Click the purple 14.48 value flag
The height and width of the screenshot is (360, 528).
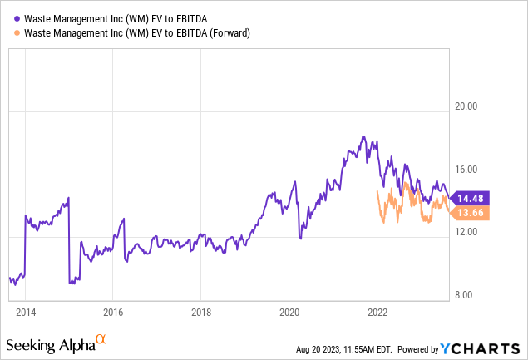(470, 197)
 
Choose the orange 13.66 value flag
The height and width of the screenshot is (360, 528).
(470, 213)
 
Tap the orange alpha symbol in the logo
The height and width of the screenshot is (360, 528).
(101, 340)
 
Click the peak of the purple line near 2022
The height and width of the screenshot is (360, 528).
(363, 136)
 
